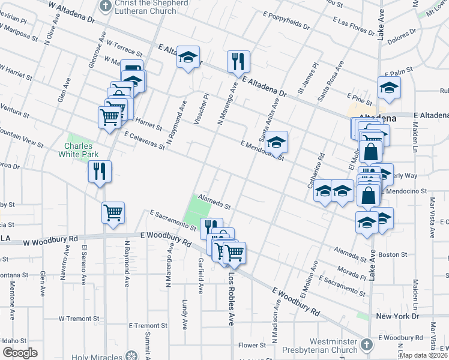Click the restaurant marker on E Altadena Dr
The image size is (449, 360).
coord(238,61)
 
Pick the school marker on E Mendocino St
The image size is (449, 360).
coord(277,143)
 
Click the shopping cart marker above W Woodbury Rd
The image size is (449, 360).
coord(113,212)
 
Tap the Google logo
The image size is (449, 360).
coord(20,353)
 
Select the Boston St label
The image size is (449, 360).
coord(393,255)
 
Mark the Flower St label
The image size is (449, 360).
coord(252,345)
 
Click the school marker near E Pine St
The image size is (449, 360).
coord(389,88)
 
